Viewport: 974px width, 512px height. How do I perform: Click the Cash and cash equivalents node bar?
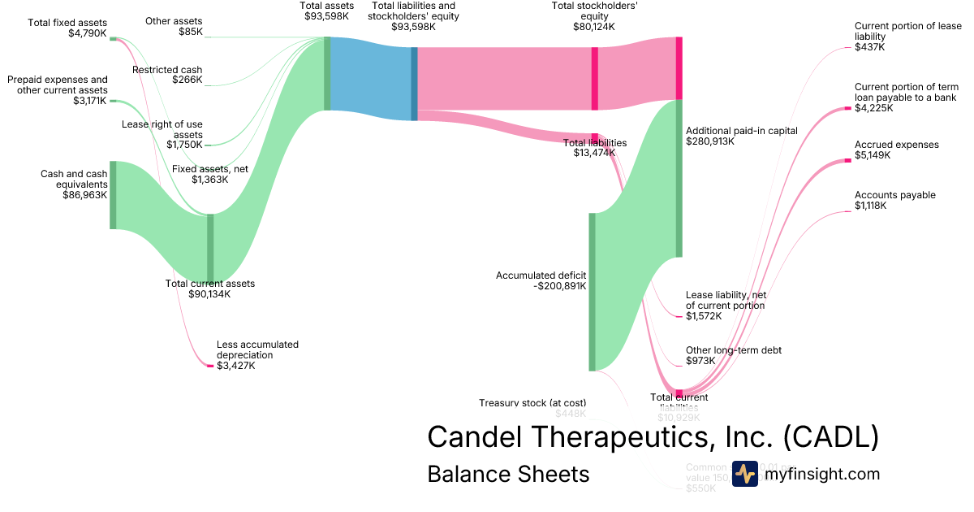pyautogui.click(x=113, y=195)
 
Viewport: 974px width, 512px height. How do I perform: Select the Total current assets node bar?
pyautogui.click(x=210, y=247)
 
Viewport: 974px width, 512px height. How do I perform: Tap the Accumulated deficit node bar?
pyautogui.click(x=592, y=292)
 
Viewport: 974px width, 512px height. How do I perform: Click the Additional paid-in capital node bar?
pyautogui.click(x=679, y=178)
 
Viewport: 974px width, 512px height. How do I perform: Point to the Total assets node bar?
pyautogui.click(x=327, y=73)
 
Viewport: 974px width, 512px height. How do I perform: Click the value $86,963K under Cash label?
pyautogui.click(x=84, y=196)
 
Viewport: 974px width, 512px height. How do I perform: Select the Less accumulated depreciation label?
pyautogui.click(x=257, y=349)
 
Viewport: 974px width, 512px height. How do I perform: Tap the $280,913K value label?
pyautogui.click(x=710, y=141)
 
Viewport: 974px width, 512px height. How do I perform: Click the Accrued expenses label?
pyautogui.click(x=896, y=145)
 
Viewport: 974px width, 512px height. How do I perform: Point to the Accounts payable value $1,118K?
pyautogui.click(x=870, y=206)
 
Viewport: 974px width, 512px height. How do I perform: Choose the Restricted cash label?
pyautogui.click(x=167, y=70)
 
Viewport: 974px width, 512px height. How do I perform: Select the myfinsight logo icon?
pyautogui.click(x=744, y=474)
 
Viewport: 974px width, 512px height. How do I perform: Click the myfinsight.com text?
pyautogui.click(x=821, y=474)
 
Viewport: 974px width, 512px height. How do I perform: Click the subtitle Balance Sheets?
pyautogui.click(x=508, y=474)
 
